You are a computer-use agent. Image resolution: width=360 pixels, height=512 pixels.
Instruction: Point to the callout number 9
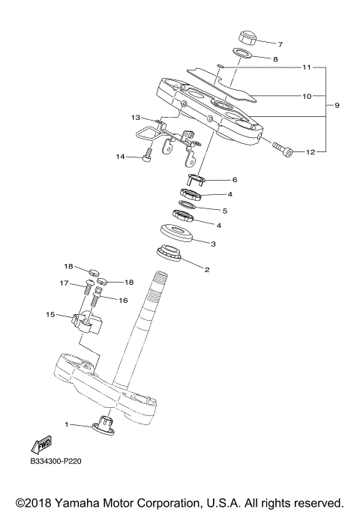click(x=337, y=105)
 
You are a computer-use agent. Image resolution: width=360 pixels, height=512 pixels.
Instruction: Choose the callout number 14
click(x=119, y=157)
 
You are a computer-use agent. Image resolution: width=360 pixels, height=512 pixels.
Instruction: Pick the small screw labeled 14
click(x=147, y=156)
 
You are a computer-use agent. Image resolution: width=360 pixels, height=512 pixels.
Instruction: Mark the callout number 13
click(x=135, y=118)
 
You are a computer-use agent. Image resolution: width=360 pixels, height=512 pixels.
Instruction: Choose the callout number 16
click(x=123, y=299)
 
